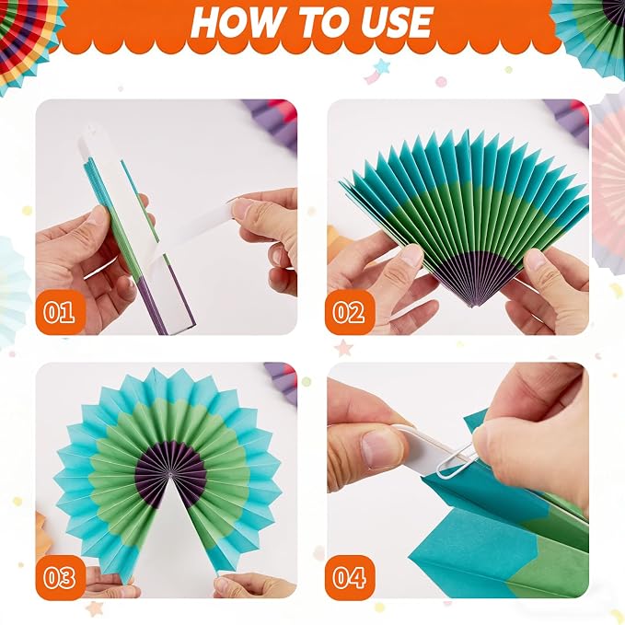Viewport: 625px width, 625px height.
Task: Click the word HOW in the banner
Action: [236, 22]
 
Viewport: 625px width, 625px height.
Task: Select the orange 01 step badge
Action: [60, 312]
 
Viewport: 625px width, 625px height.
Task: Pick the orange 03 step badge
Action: [60, 577]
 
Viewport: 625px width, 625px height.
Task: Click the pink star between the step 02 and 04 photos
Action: [343, 348]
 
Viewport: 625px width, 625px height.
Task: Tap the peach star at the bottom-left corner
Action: [94, 608]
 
